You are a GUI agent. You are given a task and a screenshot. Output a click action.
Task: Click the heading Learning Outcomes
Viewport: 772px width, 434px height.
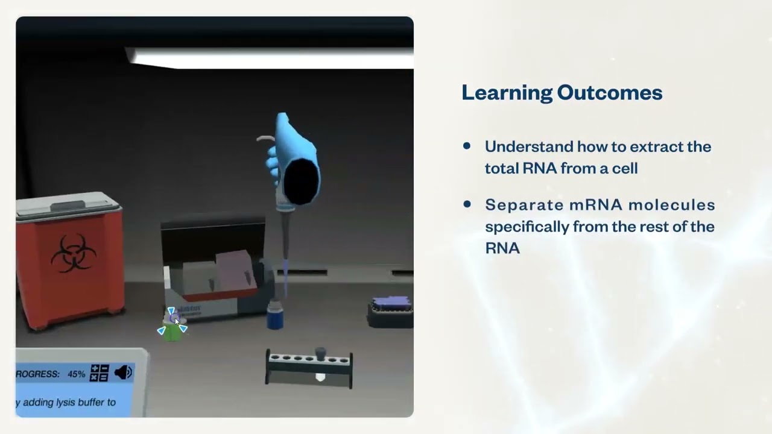[x=562, y=93]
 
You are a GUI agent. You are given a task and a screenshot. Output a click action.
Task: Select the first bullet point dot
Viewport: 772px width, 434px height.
[x=467, y=146]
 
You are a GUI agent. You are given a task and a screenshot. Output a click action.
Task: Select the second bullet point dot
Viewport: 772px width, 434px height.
[x=467, y=204]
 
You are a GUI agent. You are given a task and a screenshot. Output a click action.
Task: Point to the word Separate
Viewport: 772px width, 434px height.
[x=524, y=205]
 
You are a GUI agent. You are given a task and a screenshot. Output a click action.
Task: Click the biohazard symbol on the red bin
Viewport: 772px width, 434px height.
[x=73, y=253]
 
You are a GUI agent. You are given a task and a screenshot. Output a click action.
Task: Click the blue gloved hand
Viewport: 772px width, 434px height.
[x=294, y=160]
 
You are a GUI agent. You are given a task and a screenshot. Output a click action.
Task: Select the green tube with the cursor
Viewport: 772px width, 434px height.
[x=172, y=330]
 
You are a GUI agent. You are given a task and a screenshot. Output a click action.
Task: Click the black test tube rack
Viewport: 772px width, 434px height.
[x=308, y=368]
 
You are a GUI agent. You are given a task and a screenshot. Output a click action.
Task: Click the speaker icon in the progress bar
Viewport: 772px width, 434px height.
[x=123, y=373]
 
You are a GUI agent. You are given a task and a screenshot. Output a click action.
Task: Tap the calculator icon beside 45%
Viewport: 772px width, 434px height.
[x=99, y=373]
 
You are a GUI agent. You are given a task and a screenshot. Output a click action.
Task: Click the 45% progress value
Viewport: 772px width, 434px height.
[x=76, y=374]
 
